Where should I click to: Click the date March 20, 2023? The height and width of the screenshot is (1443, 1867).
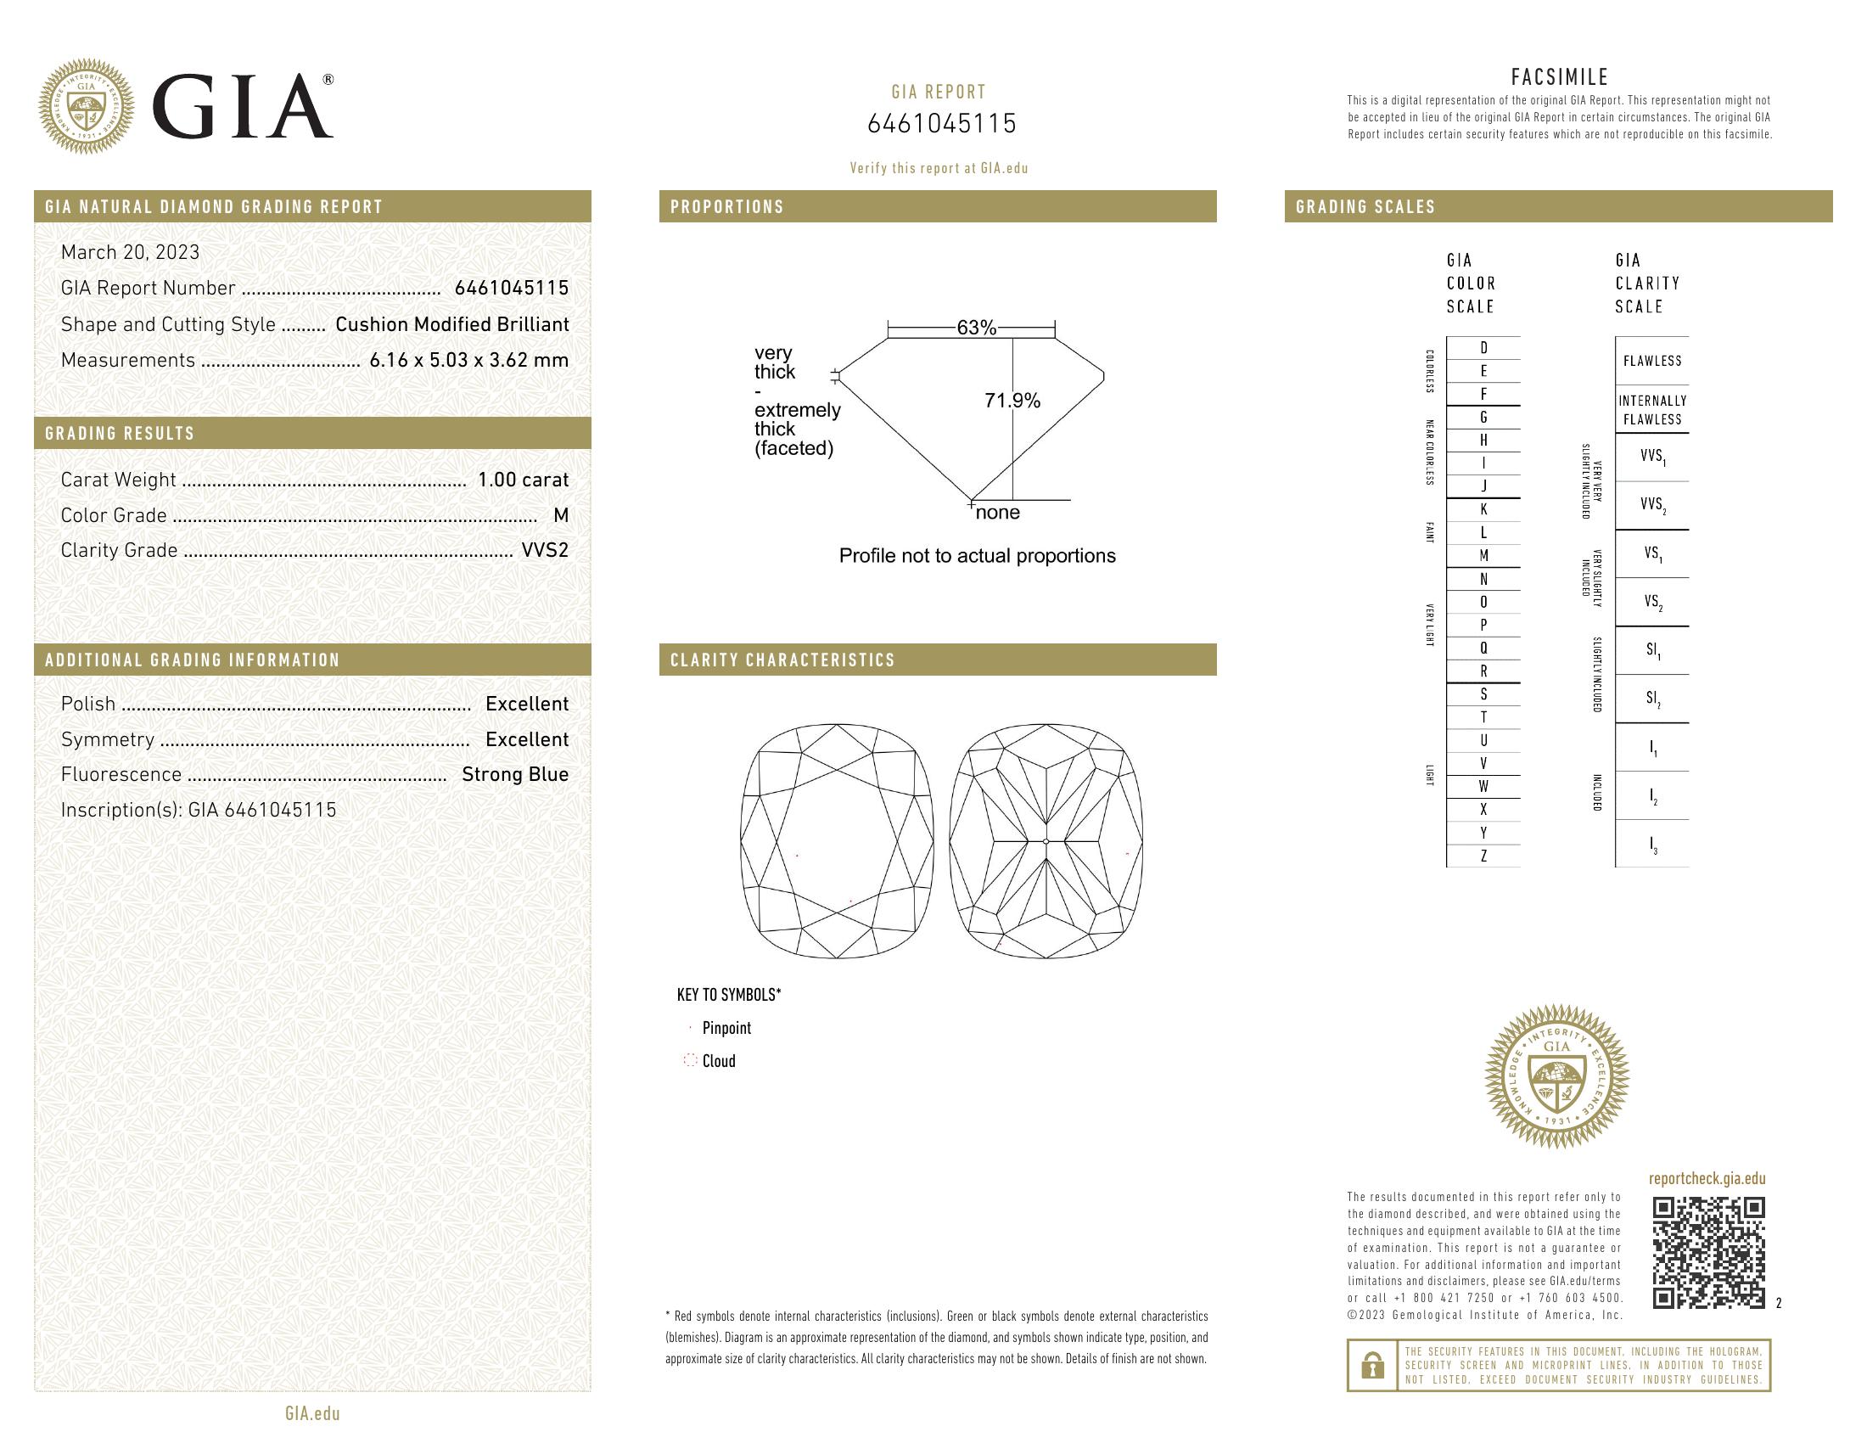point(130,252)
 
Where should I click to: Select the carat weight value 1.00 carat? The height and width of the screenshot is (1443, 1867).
point(522,480)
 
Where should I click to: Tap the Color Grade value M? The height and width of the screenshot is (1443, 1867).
point(561,515)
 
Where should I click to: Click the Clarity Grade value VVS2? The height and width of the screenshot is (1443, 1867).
point(545,551)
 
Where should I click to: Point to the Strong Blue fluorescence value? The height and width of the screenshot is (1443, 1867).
point(514,774)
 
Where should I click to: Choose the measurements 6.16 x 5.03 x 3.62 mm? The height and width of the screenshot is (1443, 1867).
point(468,360)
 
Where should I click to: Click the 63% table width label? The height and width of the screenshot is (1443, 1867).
point(976,328)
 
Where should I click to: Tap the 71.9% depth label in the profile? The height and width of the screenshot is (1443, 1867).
point(1012,401)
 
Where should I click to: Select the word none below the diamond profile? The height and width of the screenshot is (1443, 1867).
point(998,513)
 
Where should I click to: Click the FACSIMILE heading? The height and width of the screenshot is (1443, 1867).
point(1559,77)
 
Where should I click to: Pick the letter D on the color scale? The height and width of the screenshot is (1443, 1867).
point(1483,348)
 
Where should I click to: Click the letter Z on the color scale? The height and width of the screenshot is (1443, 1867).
point(1483,856)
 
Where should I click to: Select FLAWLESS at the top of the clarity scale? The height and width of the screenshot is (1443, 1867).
point(1651,361)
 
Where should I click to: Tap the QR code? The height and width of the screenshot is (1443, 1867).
point(1707,1253)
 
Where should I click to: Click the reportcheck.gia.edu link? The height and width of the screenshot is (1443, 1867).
point(1707,1179)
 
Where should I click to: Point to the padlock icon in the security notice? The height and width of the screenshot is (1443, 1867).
point(1372,1365)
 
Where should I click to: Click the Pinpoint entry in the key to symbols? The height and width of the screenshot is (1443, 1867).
point(726,1029)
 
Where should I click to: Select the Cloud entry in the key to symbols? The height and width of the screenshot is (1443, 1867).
point(718,1061)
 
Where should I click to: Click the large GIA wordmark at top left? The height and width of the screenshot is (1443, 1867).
point(242,107)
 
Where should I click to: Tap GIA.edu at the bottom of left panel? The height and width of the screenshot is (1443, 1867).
point(312,1414)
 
